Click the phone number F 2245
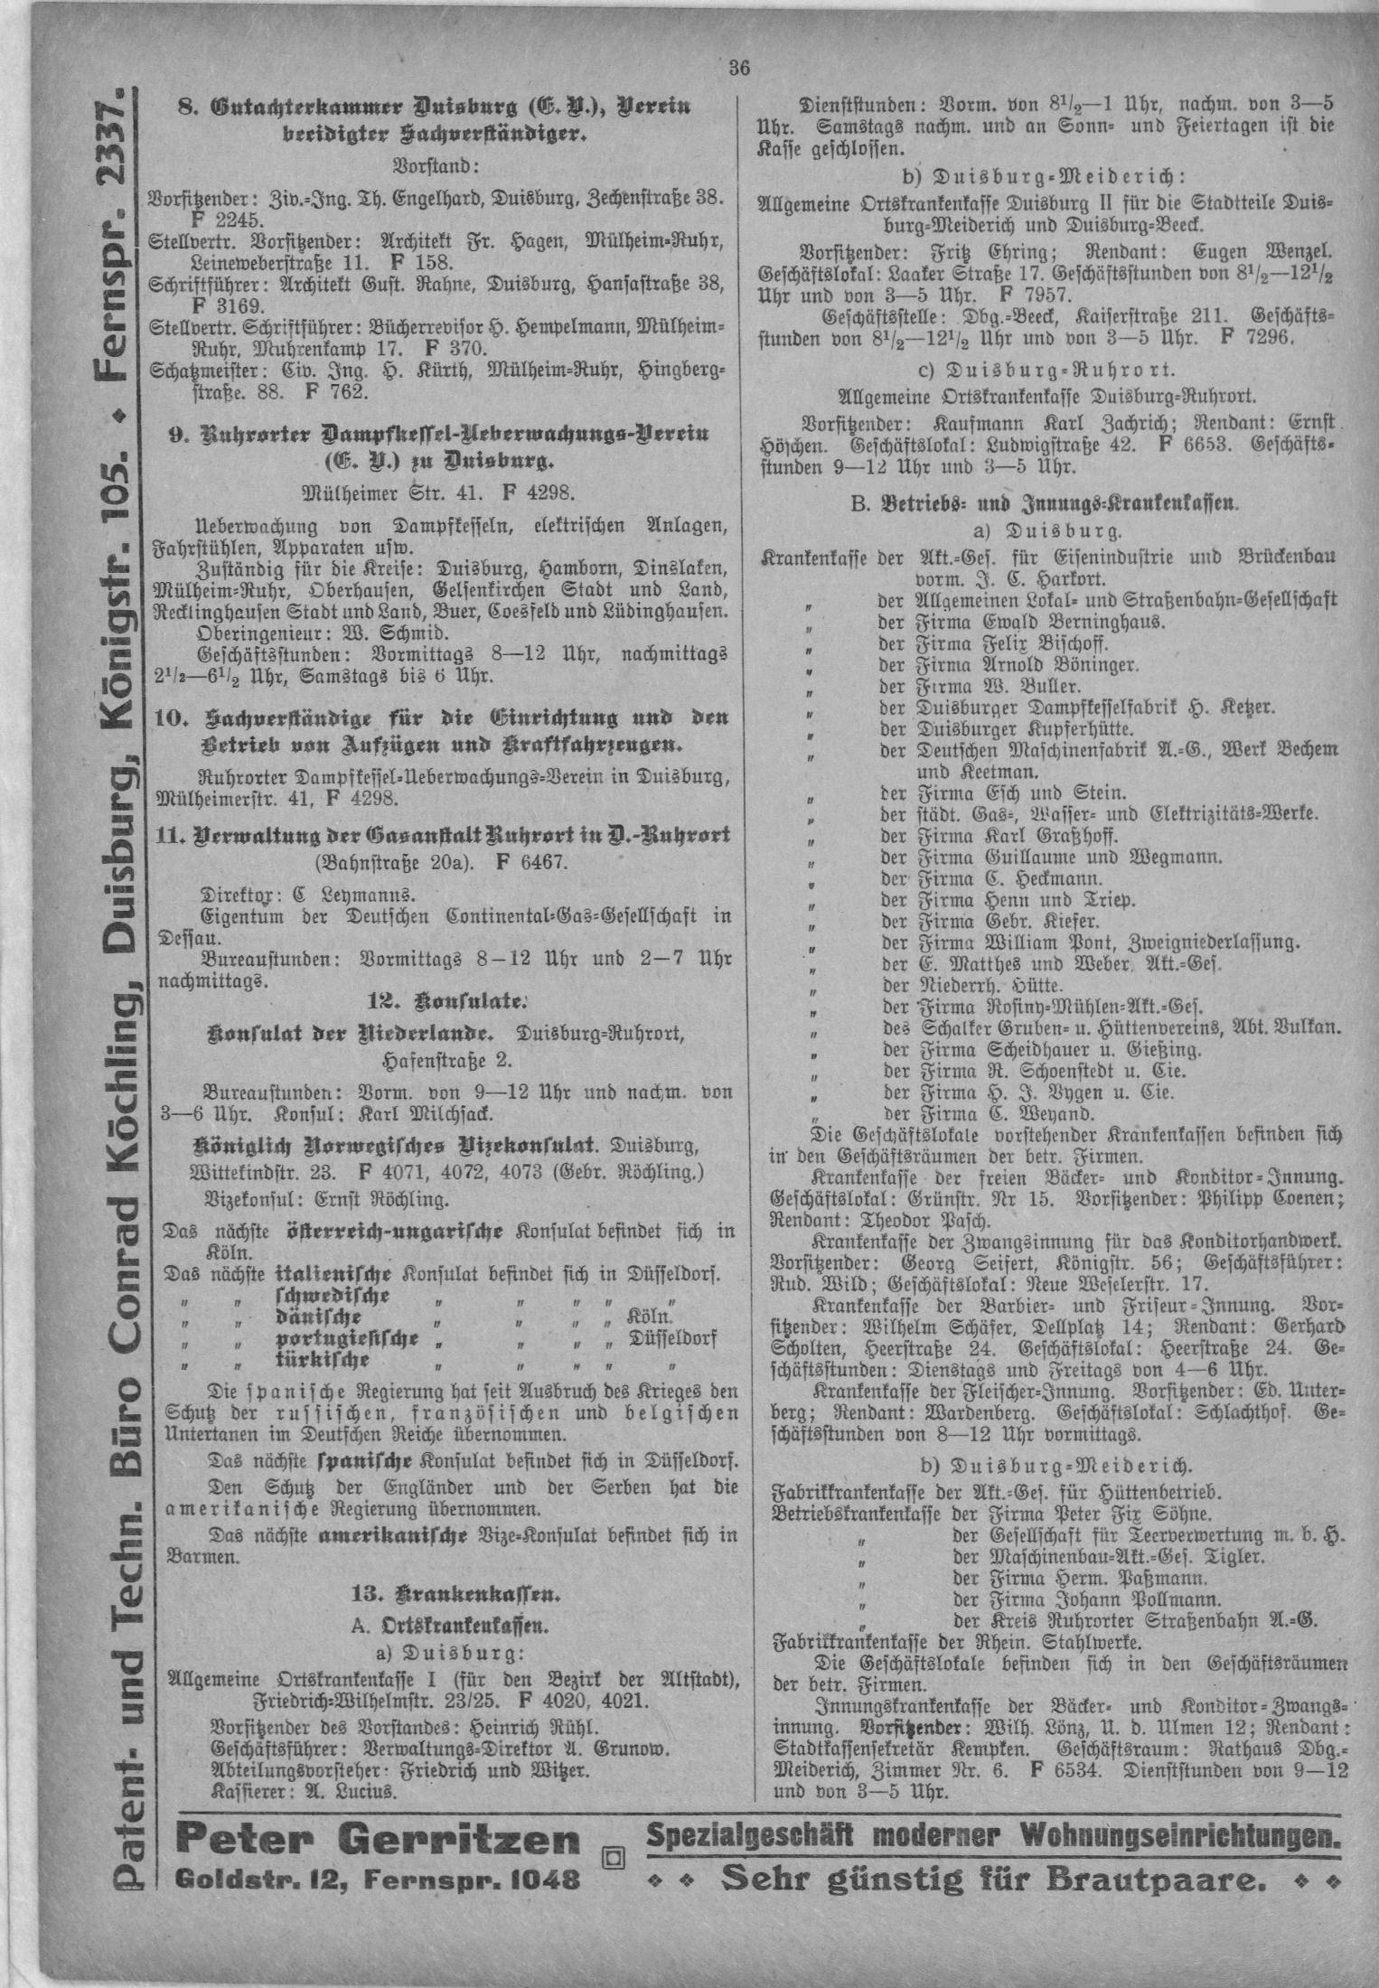(x=226, y=220)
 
